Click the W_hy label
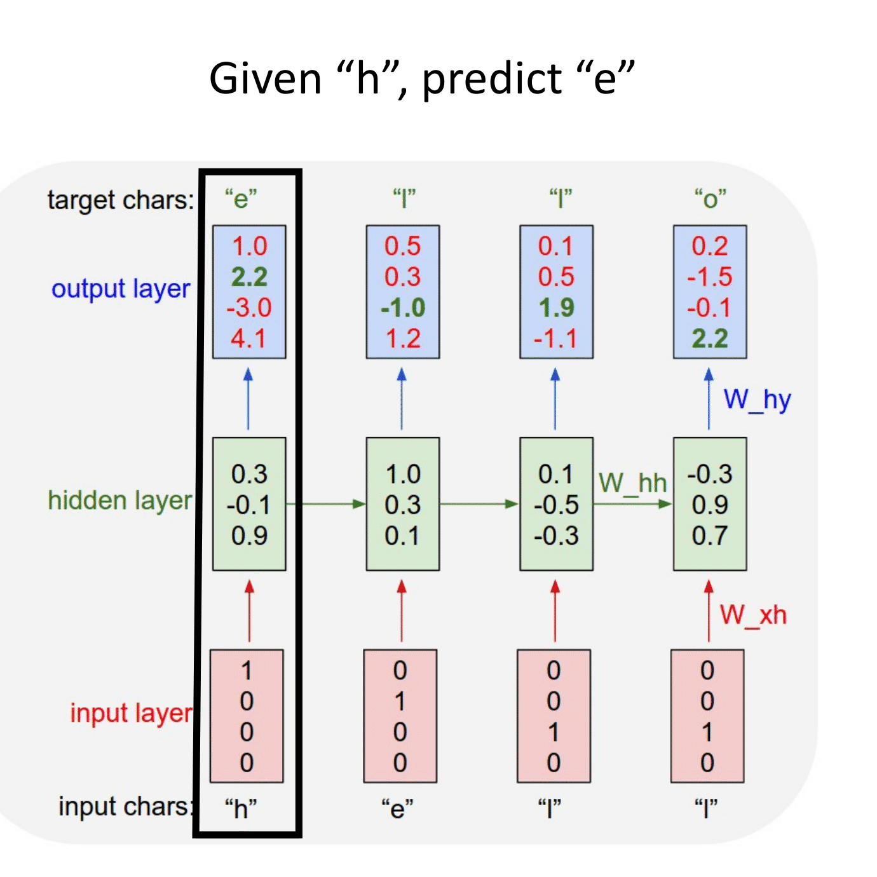757,400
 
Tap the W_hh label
632,483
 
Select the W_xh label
753,615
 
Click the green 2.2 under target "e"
249,277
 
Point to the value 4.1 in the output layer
248,339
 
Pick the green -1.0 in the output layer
403,308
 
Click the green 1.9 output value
556,308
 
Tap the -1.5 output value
710,277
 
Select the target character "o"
710,199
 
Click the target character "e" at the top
241,199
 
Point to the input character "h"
241,809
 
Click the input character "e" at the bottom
397,809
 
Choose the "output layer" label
121,289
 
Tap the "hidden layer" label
119,501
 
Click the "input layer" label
131,714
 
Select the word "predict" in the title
491,80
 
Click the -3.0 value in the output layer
249,308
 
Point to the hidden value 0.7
710,536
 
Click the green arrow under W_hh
632,504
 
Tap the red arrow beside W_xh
709,610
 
